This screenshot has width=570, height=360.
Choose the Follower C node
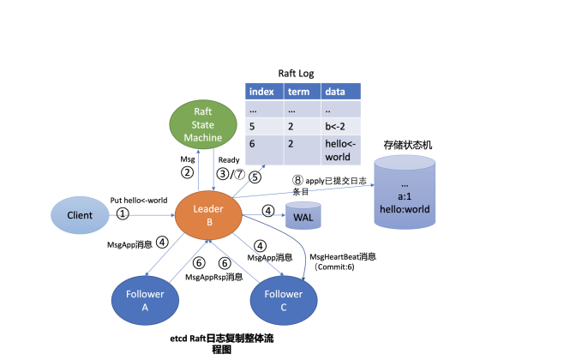[284, 302]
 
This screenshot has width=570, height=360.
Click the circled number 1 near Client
[123, 213]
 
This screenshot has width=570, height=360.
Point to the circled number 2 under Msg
[186, 172]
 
